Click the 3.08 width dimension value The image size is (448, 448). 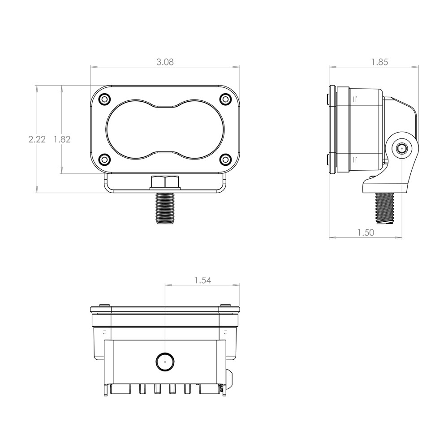(165, 62)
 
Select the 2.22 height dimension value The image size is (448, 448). (37, 139)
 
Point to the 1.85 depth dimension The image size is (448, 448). (379, 62)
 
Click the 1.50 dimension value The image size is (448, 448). (366, 232)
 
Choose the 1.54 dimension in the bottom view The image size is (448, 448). (202, 280)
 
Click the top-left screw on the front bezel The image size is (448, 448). (104, 99)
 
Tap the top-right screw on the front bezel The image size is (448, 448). (226, 99)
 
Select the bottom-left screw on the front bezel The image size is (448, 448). (104, 159)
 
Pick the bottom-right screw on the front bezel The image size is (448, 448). (226, 159)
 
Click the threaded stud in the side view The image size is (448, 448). (385, 207)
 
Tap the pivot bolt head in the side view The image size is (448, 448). (401, 149)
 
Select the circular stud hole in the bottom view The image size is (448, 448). (165, 361)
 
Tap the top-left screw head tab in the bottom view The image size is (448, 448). (104, 306)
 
